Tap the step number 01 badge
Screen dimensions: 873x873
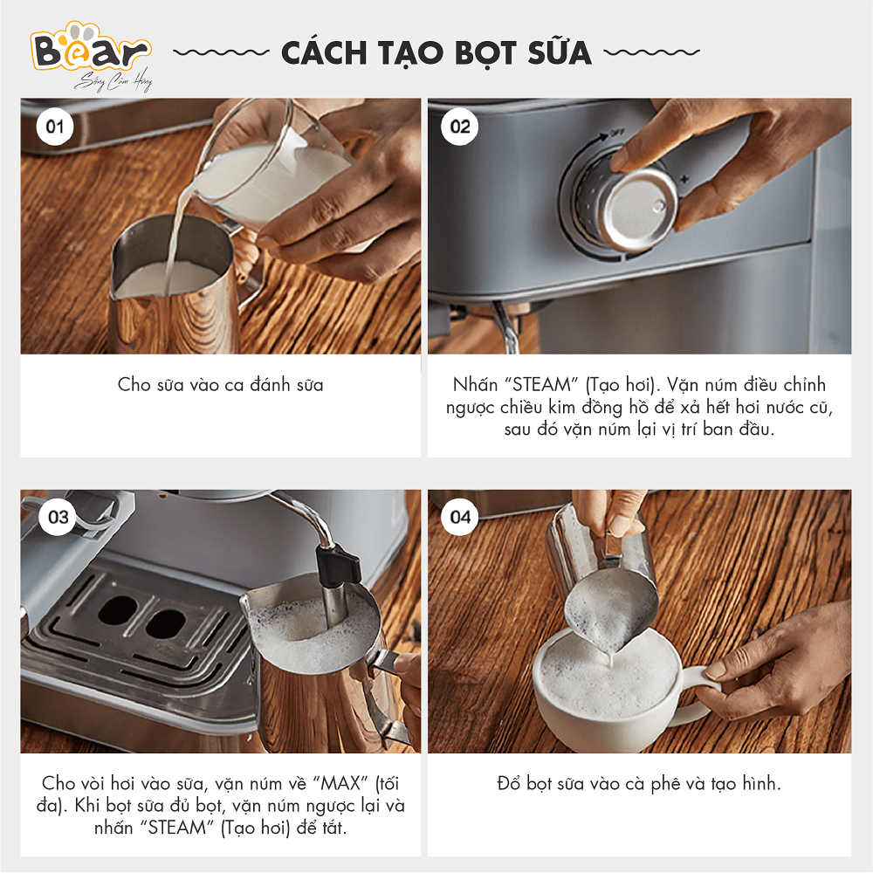point(54,127)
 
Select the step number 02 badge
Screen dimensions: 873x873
point(460,127)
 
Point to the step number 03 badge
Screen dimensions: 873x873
point(58,517)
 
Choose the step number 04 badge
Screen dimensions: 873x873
point(460,517)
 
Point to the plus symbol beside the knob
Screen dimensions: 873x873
point(684,179)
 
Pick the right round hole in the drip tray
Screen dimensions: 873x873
point(166,623)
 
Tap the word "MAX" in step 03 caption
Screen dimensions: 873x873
point(340,783)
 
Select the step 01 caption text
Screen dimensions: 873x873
point(221,385)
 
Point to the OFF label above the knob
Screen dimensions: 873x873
point(617,133)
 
